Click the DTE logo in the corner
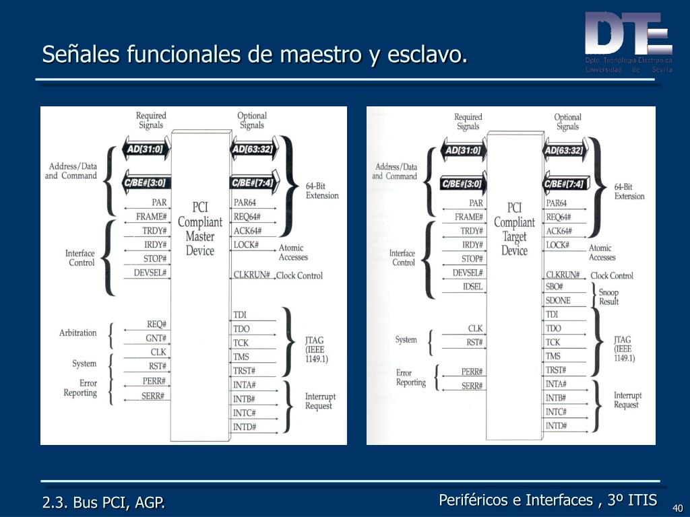click(628, 37)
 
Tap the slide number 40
click(677, 508)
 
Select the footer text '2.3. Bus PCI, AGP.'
click(104, 502)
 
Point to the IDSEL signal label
click(472, 287)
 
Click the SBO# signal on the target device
click(554, 287)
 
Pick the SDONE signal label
click(557, 300)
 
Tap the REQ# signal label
click(156, 324)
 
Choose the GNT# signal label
click(156, 338)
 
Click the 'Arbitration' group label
click(78, 333)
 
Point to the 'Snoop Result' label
click(608, 297)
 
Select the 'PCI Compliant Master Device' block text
click(200, 229)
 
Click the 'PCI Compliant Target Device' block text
click(514, 229)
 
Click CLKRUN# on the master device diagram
click(251, 275)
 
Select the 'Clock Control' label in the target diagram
click(612, 275)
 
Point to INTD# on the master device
click(244, 427)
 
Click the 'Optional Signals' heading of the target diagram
click(567, 122)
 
